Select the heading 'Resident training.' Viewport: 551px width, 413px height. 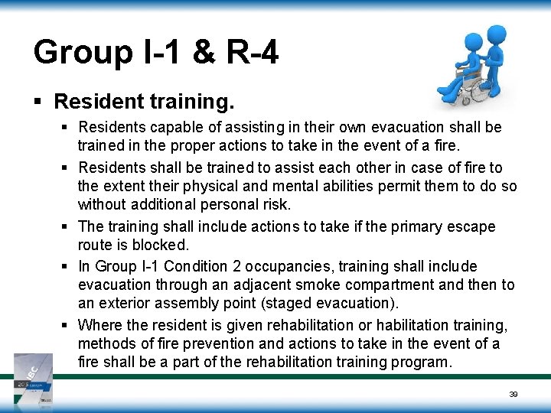[x=145, y=101]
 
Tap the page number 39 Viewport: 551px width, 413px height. [x=514, y=395]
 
